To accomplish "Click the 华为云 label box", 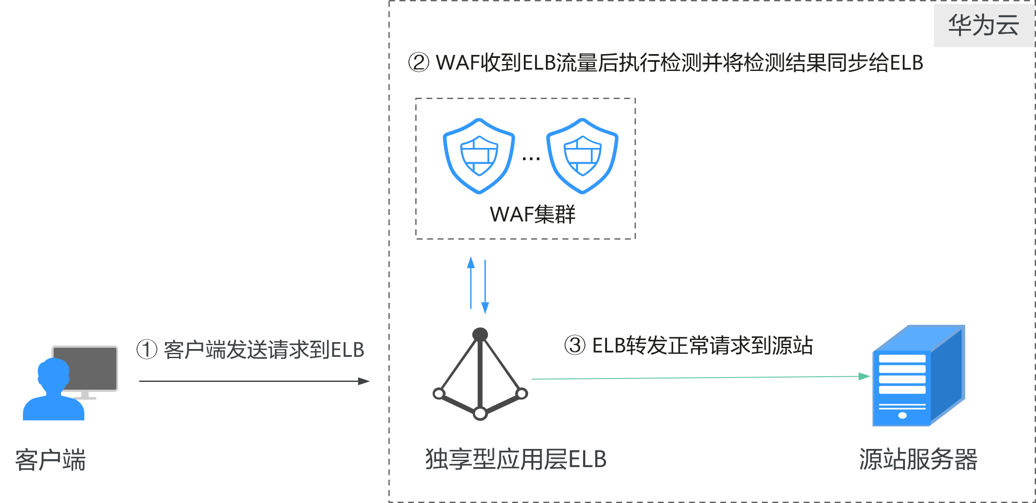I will coord(983,25).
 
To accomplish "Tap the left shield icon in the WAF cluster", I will coord(479,156).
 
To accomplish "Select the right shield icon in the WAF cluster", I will coord(582,156).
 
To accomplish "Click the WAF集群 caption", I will coord(532,215).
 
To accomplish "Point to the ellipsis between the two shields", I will coord(531,159).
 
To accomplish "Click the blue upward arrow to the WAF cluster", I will coord(471,281).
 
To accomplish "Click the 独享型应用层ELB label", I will coord(516,459).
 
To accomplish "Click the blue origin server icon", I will coord(918,376).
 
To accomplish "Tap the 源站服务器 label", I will coord(918,459).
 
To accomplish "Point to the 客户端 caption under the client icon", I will coord(51,460).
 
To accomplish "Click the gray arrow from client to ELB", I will coord(254,381).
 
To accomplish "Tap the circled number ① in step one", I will coord(147,349).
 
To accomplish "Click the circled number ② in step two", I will coord(419,63).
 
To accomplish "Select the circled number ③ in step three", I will coord(575,345).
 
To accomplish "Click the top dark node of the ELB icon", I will coord(480,334).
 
